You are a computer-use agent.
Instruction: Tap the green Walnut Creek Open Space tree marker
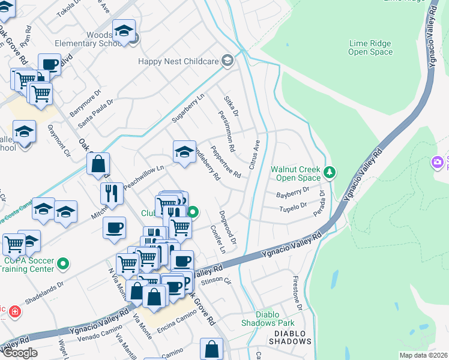pyautogui.click(x=329, y=173)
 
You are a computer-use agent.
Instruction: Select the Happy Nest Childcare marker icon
pyautogui.click(x=228, y=60)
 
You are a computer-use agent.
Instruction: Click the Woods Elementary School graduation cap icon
pyautogui.click(x=124, y=31)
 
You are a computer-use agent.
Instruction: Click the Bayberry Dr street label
pyautogui.click(x=292, y=193)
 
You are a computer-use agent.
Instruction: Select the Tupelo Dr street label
pyautogui.click(x=294, y=208)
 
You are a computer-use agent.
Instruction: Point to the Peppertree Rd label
pyautogui.click(x=224, y=162)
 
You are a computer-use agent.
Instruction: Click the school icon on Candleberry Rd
pyautogui.click(x=184, y=151)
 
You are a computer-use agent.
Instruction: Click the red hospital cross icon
pyautogui.click(x=15, y=313)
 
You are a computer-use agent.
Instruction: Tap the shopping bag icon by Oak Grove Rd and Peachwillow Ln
pyautogui.click(x=98, y=163)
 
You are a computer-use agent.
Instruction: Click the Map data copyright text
pyautogui.click(x=424, y=355)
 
